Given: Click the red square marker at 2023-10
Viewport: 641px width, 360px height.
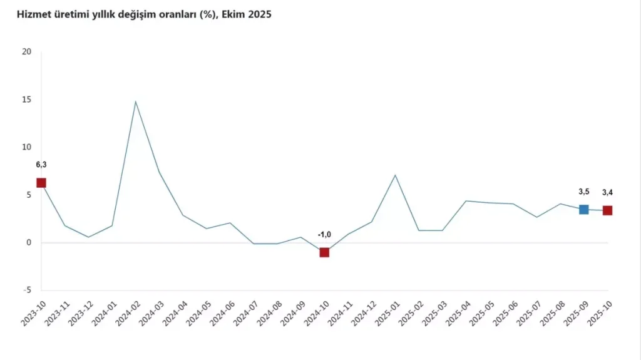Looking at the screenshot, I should click(x=41, y=183).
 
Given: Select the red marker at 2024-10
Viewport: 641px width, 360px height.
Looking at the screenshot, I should click(x=324, y=252).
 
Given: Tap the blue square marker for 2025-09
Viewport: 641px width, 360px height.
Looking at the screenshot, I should click(x=583, y=209).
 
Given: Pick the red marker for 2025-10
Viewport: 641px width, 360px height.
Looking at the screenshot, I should click(x=607, y=210).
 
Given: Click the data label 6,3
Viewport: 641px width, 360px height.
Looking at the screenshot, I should click(x=41, y=165).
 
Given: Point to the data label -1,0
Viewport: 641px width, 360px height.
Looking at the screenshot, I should click(x=324, y=234).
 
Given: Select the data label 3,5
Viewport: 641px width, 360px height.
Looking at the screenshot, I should click(x=583, y=192).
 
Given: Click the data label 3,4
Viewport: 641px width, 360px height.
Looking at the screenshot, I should click(x=607, y=192).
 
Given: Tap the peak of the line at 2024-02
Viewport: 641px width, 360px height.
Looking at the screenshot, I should click(x=136, y=101).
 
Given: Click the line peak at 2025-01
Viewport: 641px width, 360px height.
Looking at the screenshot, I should click(x=395, y=175).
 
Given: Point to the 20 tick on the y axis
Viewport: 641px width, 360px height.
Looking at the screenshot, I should click(x=26, y=52).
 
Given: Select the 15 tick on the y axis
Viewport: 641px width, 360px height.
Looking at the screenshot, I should click(x=26, y=100).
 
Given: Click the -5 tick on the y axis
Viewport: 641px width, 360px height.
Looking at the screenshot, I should click(x=26, y=291).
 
